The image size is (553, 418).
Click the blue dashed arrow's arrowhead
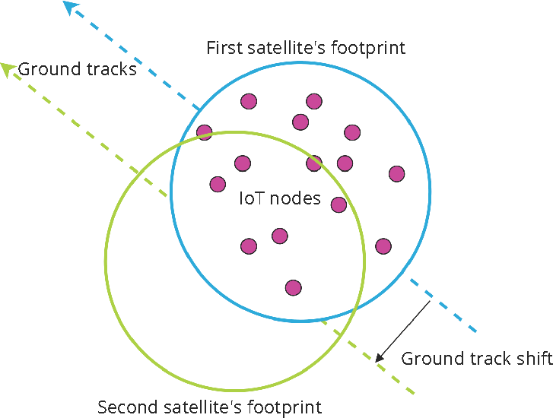[71, 8]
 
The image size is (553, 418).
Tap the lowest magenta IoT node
[294, 287]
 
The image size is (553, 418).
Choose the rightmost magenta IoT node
[396, 174]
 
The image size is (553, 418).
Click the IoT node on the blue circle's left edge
[204, 133]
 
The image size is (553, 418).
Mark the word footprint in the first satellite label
[369, 48]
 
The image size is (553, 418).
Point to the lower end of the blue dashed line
[475, 332]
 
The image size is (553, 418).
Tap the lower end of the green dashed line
[413, 393]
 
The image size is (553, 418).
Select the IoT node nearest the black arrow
[383, 246]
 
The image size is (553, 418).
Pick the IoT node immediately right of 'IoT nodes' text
[339, 204]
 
